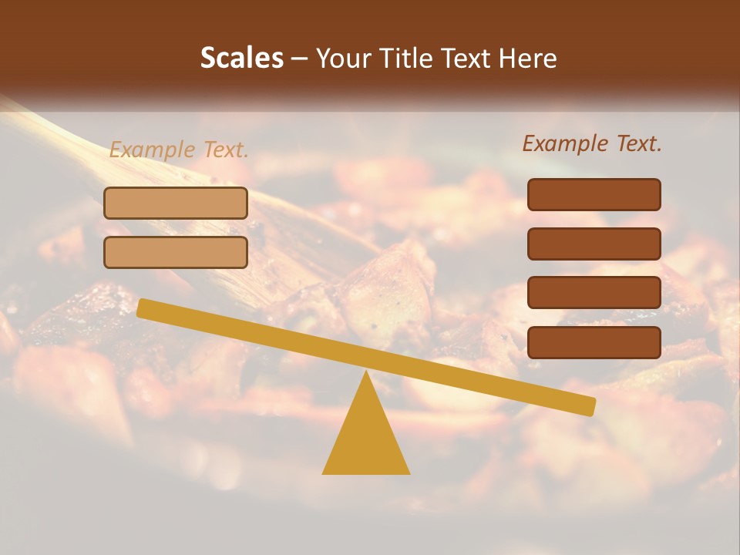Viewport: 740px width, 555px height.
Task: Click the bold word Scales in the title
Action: coord(241,58)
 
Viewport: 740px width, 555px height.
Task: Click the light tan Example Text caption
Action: coord(178,150)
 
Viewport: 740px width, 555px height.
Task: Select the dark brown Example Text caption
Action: coord(592,143)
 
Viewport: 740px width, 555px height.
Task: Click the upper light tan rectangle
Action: coord(176,203)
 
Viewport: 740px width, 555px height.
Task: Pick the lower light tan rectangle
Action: coord(176,252)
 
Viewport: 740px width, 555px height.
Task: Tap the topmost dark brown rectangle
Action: coord(594,194)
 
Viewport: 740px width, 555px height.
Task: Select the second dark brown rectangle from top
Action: coord(594,244)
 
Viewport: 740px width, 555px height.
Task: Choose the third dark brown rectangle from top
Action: coord(594,293)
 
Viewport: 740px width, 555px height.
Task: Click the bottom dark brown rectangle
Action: coord(594,342)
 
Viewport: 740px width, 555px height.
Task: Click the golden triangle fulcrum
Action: coord(365,439)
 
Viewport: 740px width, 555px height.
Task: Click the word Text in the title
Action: coord(469,59)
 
